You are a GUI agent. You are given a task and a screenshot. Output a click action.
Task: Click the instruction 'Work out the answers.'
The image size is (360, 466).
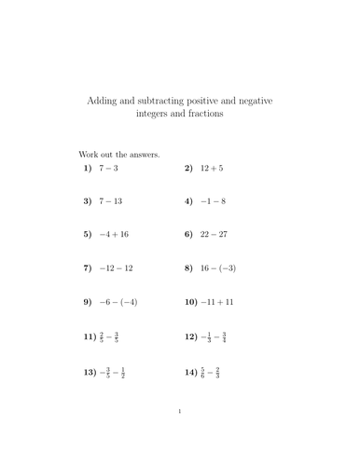point(118,154)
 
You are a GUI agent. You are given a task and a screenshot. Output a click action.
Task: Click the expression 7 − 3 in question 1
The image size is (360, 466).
point(112,169)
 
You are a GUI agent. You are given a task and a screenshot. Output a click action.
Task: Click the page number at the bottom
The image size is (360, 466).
point(179,437)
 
